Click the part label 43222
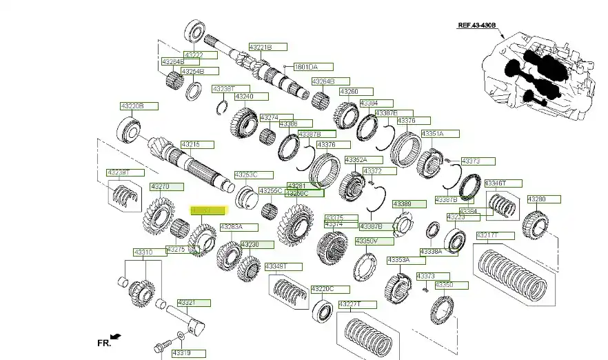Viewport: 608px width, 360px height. [x=194, y=54]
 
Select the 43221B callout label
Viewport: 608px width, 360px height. [x=261, y=47]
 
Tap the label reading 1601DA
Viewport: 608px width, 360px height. [x=306, y=67]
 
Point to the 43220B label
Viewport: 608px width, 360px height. [x=132, y=106]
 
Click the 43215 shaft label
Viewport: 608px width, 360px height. [x=190, y=144]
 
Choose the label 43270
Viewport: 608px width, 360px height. [x=161, y=186]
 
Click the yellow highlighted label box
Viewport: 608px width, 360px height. [x=208, y=210]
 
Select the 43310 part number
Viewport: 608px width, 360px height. [x=143, y=252]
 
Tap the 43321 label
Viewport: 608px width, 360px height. [x=187, y=303]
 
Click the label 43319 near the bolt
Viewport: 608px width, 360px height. [x=181, y=353]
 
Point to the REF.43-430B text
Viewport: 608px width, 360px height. [x=481, y=26]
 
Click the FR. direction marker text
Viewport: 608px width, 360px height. [x=103, y=341]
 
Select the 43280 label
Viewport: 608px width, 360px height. [x=537, y=199]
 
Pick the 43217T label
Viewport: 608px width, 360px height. [x=488, y=235]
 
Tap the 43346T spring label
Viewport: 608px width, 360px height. [x=495, y=183]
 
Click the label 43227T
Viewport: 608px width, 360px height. [x=350, y=304]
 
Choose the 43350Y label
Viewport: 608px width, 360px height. [x=365, y=241]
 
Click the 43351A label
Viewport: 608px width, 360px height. [x=433, y=133]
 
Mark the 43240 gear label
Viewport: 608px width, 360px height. [x=245, y=97]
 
